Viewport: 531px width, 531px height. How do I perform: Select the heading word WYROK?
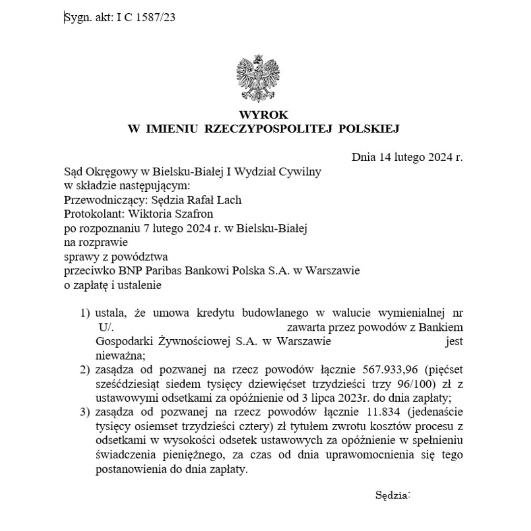click(264, 115)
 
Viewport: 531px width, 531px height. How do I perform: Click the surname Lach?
click(231, 200)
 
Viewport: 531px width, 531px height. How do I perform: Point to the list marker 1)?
click(86, 313)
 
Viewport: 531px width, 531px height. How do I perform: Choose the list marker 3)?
click(86, 411)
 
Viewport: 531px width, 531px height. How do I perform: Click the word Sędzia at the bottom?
click(392, 495)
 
